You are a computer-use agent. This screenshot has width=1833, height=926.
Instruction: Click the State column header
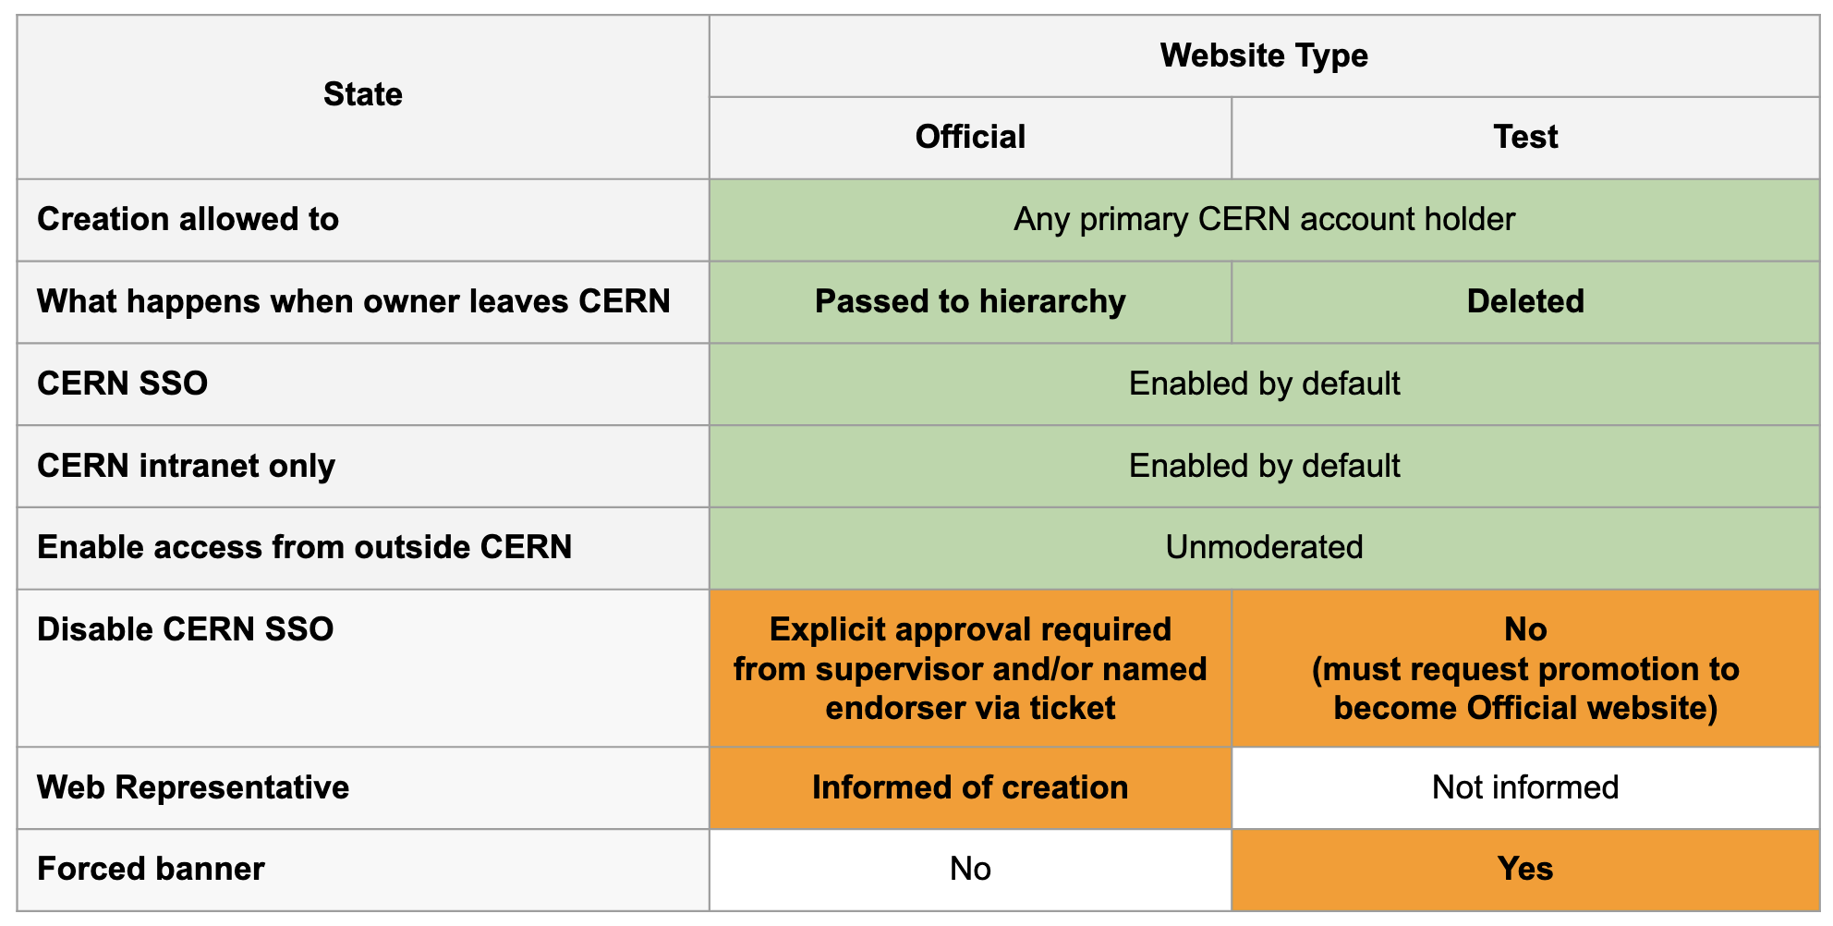pyautogui.click(x=362, y=94)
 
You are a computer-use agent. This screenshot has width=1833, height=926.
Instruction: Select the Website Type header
pyautogui.click(x=1264, y=55)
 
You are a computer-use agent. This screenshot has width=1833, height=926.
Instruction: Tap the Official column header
pyautogui.click(x=970, y=137)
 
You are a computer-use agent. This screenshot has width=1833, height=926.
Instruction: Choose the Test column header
pyautogui.click(x=1525, y=137)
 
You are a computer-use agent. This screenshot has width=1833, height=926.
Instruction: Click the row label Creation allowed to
pyautogui.click(x=188, y=219)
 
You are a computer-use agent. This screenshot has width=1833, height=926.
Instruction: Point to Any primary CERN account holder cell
pyautogui.click(x=1264, y=219)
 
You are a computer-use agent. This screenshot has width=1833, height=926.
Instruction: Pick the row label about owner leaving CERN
pyautogui.click(x=354, y=301)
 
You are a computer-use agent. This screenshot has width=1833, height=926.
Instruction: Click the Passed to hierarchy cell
pyautogui.click(x=970, y=301)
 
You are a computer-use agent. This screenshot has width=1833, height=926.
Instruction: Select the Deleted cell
pyautogui.click(x=1525, y=301)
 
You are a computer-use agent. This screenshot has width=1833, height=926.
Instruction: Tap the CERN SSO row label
pyautogui.click(x=123, y=384)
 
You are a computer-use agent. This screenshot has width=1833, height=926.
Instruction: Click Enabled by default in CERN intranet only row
pyautogui.click(x=1264, y=466)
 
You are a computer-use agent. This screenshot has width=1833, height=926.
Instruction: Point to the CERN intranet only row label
pyautogui.click(x=186, y=466)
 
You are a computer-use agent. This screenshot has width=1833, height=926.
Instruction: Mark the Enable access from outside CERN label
pyautogui.click(x=305, y=547)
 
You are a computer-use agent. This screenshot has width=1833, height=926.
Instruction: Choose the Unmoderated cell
pyautogui.click(x=1264, y=547)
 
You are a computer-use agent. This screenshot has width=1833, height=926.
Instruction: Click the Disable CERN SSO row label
pyautogui.click(x=186, y=629)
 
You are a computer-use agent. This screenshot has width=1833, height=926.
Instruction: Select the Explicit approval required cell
pyautogui.click(x=970, y=668)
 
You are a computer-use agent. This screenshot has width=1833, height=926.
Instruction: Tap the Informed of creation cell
pyautogui.click(x=970, y=787)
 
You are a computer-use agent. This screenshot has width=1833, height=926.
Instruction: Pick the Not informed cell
pyautogui.click(x=1525, y=787)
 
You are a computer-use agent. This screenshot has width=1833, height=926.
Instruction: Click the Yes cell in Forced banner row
pyautogui.click(x=1525, y=869)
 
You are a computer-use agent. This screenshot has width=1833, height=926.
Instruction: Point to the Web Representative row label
pyautogui.click(x=193, y=787)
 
